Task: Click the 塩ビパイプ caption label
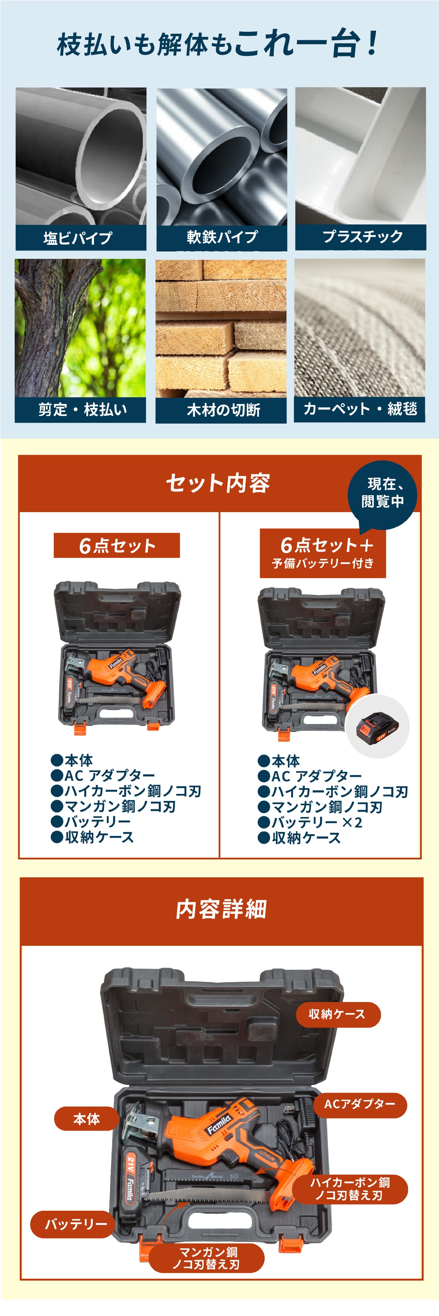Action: coord(78,238)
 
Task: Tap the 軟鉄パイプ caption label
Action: coord(222,237)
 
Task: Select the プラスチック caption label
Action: coord(362,237)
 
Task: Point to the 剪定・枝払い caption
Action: coord(82,409)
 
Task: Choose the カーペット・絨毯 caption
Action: coord(360,409)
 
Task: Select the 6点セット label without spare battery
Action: coord(117,546)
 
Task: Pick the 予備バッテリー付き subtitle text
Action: coord(322,563)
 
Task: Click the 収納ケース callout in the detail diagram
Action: coord(338,1014)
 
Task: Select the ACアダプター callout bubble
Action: coord(360,1104)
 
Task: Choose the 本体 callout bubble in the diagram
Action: coord(86,1119)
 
